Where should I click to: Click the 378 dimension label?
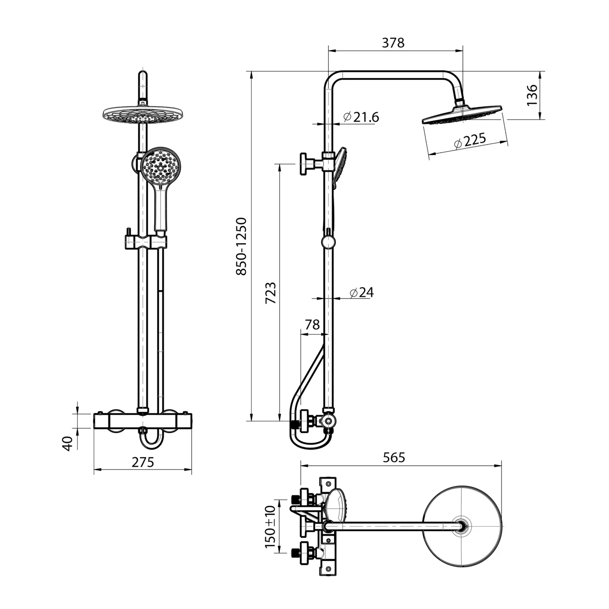[x=393, y=43]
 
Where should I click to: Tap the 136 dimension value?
[x=532, y=95]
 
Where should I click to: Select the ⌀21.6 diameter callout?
[x=361, y=117]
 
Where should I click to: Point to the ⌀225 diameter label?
[x=470, y=141]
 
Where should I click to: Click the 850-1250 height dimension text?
[x=241, y=246]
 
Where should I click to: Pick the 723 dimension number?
[x=271, y=293]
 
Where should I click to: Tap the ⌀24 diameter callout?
[x=362, y=292]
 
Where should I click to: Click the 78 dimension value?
[x=312, y=324]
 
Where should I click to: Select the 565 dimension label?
[x=394, y=457]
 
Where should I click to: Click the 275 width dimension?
[x=143, y=462]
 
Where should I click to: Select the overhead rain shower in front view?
[x=144, y=114]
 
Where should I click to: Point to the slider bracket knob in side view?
[x=328, y=242]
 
